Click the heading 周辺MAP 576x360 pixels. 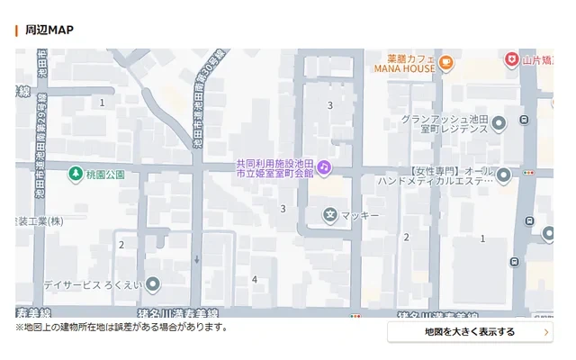(x=49, y=30)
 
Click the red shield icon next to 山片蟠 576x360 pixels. (x=511, y=59)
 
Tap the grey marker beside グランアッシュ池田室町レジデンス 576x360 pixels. (x=499, y=122)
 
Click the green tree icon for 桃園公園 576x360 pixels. (x=77, y=173)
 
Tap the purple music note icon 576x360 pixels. (x=324, y=167)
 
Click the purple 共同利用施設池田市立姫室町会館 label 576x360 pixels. (x=274, y=167)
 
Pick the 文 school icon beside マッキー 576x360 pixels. (x=330, y=215)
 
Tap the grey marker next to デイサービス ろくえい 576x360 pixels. (x=153, y=284)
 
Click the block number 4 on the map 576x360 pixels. (x=255, y=280)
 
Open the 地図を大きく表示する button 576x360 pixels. (x=470, y=332)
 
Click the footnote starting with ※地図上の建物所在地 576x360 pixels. (x=121, y=327)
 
